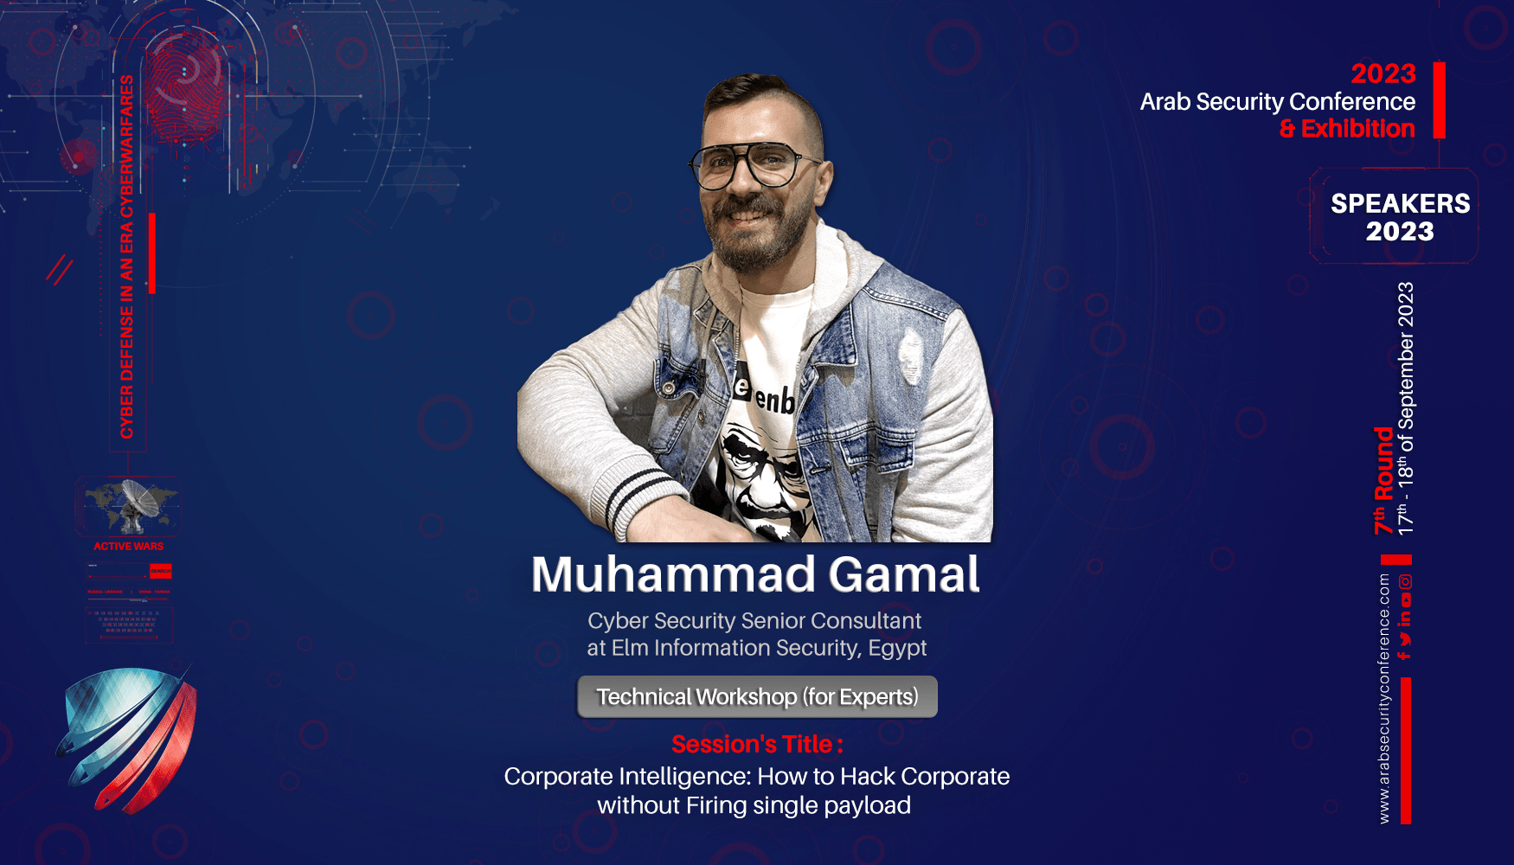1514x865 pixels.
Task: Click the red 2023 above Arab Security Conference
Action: click(1382, 74)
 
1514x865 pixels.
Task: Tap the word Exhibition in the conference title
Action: click(1357, 129)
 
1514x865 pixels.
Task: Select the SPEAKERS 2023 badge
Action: click(1400, 216)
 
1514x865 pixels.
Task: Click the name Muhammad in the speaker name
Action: click(673, 574)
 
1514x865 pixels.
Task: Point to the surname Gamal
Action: click(904, 574)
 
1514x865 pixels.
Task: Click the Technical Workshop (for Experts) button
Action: click(757, 697)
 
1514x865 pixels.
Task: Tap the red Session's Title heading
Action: click(757, 744)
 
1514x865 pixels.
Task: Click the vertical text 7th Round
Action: click(1383, 480)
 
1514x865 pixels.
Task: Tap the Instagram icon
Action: click(1406, 581)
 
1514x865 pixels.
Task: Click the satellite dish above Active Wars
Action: click(134, 505)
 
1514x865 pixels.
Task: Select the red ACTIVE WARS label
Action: click(128, 547)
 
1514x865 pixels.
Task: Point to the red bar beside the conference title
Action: click(1439, 100)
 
